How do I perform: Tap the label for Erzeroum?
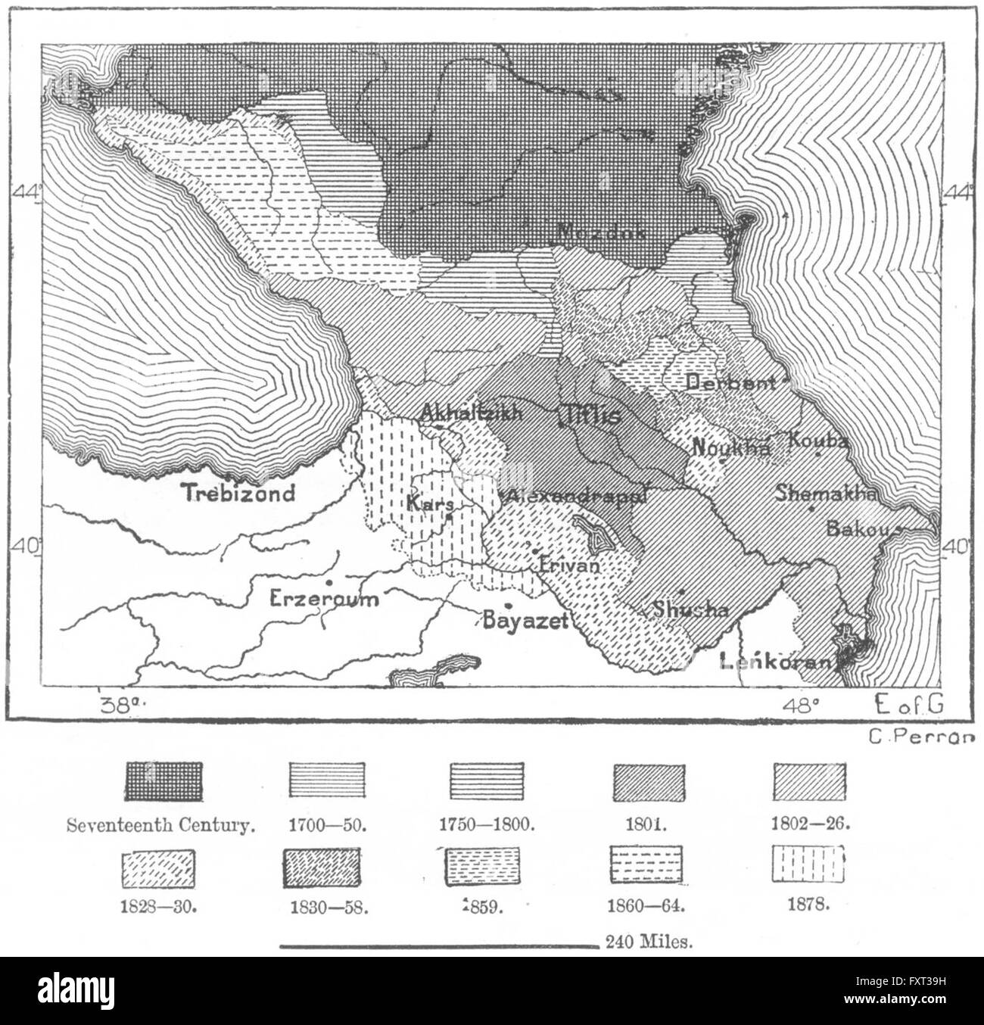(324, 600)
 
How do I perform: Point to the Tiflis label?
(590, 415)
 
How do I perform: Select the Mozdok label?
(602, 233)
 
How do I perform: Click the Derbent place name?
(731, 383)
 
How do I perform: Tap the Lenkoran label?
(777, 661)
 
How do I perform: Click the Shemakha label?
(827, 493)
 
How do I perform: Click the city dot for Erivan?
(536, 550)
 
